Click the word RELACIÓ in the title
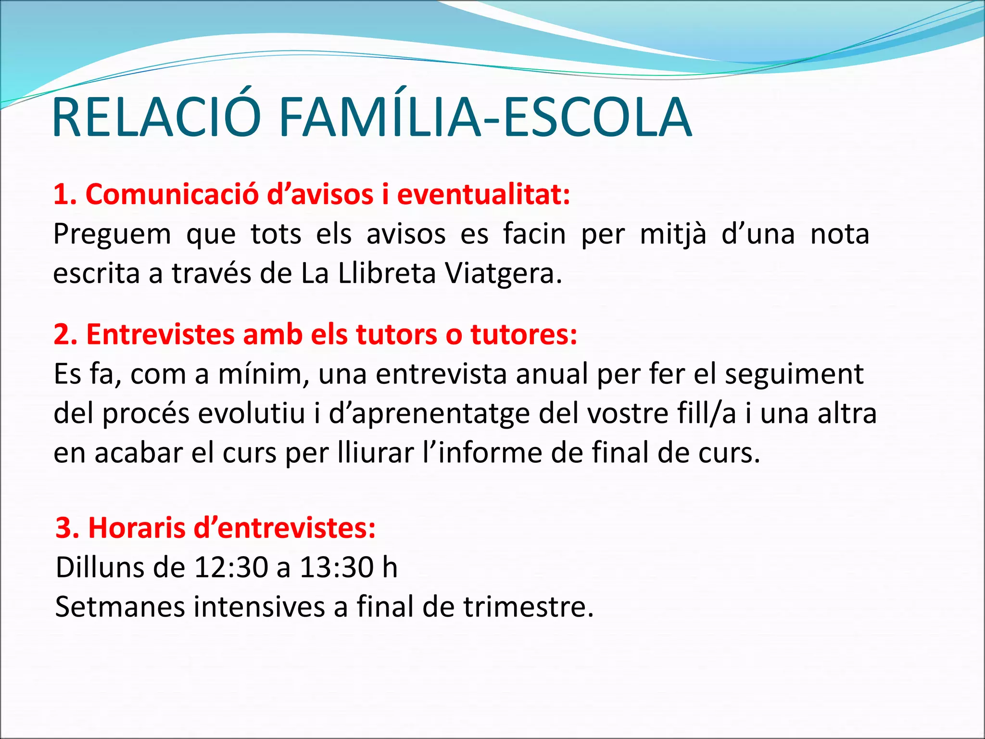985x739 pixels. [x=156, y=118]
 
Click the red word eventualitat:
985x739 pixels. [x=483, y=194]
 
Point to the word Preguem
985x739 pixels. [x=112, y=235]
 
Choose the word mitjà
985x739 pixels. [x=673, y=235]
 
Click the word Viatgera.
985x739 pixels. [x=503, y=273]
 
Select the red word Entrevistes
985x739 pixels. [x=160, y=334]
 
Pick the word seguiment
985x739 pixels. [x=794, y=374]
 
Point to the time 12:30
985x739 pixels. [x=231, y=568]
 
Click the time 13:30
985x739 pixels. [x=337, y=568]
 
